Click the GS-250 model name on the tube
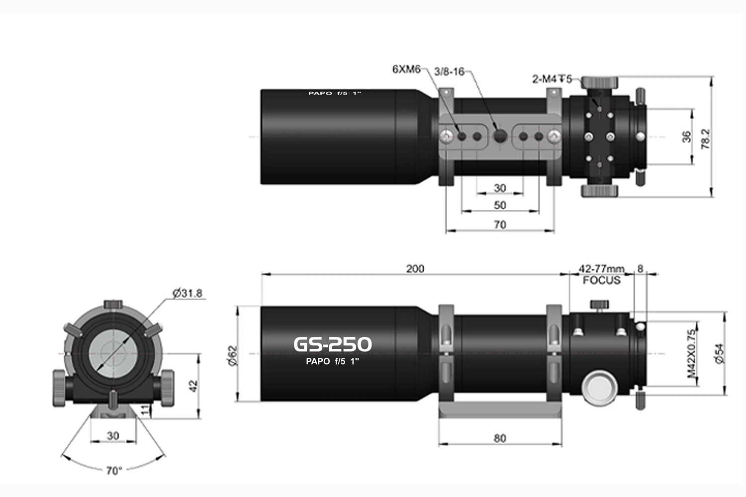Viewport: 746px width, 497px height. [x=332, y=344]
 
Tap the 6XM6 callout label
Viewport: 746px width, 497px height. [x=406, y=69]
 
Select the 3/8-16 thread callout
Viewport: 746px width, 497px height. [x=449, y=72]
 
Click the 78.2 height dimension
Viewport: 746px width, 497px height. [x=705, y=139]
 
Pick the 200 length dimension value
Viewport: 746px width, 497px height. [x=415, y=269]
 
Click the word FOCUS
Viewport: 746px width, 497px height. [x=602, y=280]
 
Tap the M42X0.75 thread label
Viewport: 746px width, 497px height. [x=691, y=353]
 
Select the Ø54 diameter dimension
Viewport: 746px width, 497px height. [x=719, y=353]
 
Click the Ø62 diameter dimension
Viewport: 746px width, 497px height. [x=233, y=355]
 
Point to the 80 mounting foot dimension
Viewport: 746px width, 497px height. [x=500, y=438]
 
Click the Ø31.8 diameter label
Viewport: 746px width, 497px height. [x=187, y=293]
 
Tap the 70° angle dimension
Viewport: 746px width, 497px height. [x=114, y=470]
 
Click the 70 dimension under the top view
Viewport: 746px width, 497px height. [x=500, y=225]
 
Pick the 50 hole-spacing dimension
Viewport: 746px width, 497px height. [x=500, y=205]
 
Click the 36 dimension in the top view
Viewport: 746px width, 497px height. [x=686, y=137]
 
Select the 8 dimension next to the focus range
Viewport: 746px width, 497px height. [x=640, y=268]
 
